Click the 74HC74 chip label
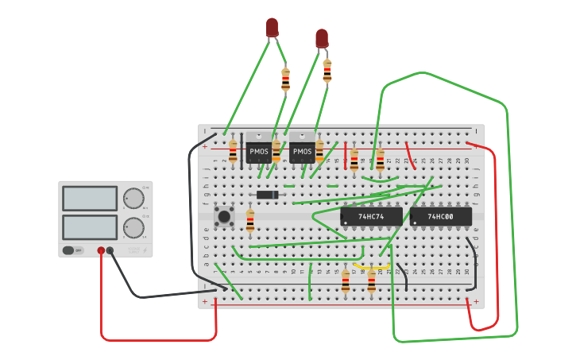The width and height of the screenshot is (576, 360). (371, 216)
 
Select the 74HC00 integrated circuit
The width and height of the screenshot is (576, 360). (440, 216)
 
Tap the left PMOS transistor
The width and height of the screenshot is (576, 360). (258, 150)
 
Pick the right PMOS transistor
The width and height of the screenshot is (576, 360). (302, 150)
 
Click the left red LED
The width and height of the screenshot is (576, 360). (272, 27)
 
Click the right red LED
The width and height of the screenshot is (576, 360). (321, 38)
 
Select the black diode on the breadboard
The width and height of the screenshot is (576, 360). (267, 195)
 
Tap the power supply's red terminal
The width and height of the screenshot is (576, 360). (101, 251)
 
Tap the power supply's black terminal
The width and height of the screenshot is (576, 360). (110, 251)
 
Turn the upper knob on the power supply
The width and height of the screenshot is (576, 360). (133, 199)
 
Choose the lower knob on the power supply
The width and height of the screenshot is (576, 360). (133, 228)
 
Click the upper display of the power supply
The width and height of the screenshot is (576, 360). (89, 199)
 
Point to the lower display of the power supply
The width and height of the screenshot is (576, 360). (89, 227)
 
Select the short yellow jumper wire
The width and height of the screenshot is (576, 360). (372, 266)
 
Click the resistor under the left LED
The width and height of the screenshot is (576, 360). (285, 79)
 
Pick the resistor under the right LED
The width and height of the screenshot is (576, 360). (327, 71)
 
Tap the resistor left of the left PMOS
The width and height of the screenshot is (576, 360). (233, 151)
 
